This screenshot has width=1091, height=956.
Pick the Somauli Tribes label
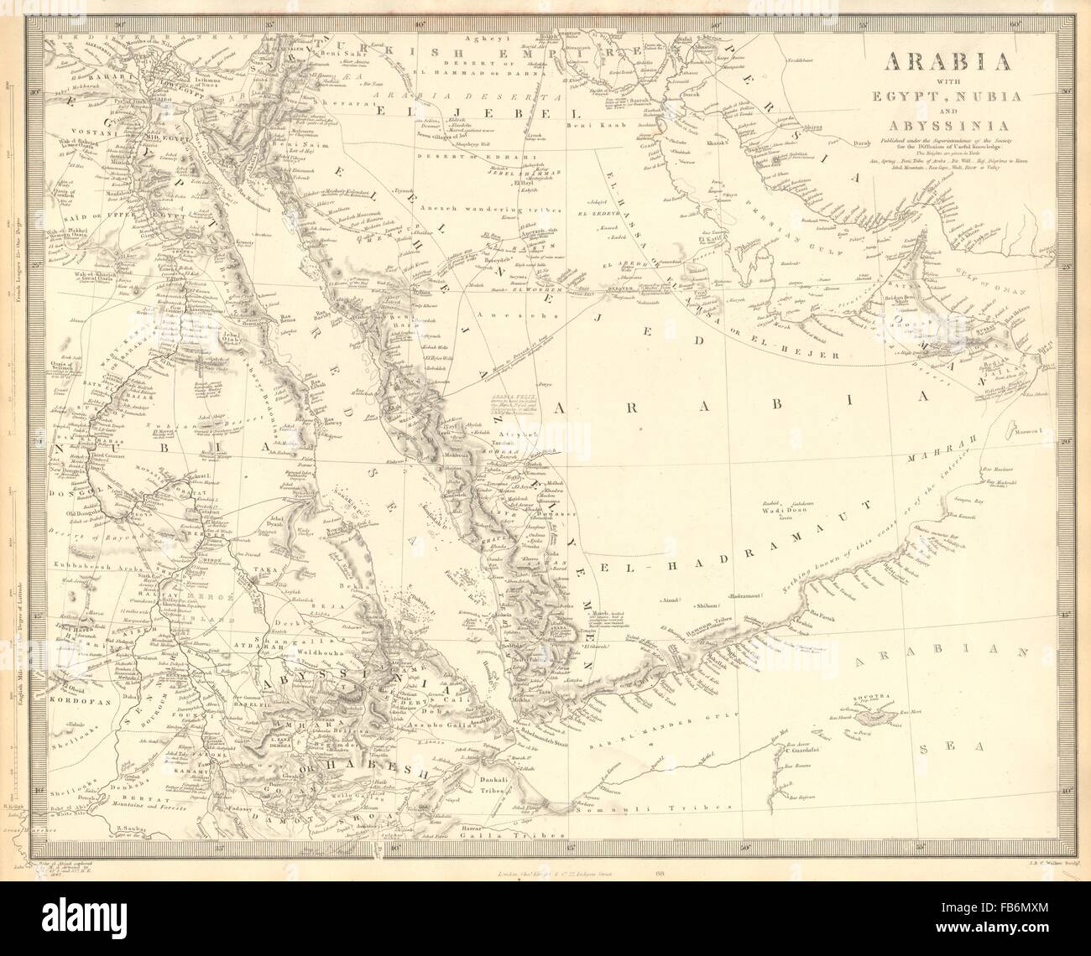(x=685, y=807)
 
